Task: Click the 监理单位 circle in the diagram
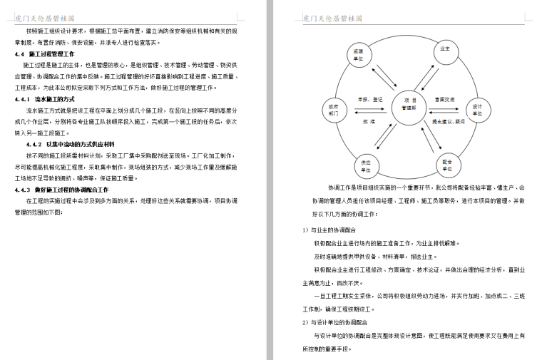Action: click(x=359, y=56)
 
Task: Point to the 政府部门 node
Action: click(x=334, y=108)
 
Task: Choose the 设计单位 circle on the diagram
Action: click(x=477, y=109)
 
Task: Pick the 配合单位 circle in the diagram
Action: click(x=447, y=165)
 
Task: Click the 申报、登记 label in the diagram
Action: click(x=369, y=99)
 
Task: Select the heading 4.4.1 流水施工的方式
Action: click(x=44, y=99)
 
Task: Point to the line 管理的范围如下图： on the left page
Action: click(x=44, y=212)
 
